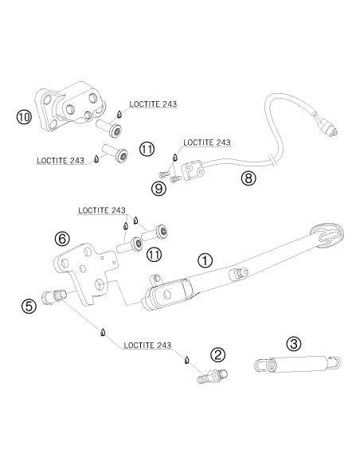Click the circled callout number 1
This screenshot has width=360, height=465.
click(x=205, y=261)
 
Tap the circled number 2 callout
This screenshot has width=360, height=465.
click(x=218, y=355)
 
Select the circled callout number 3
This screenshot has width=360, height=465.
click(x=294, y=344)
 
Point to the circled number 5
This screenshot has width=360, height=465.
click(x=29, y=306)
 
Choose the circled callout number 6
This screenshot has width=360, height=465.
click(x=63, y=239)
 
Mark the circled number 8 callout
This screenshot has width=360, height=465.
click(x=248, y=178)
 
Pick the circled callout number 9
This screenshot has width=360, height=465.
click(x=158, y=189)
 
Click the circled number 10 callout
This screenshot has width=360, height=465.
click(x=24, y=117)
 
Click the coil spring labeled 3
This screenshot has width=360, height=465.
click(x=297, y=363)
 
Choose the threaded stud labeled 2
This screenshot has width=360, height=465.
click(x=213, y=376)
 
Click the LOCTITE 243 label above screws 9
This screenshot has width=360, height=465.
click(x=207, y=143)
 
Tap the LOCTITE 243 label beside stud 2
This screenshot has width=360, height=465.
click(x=147, y=346)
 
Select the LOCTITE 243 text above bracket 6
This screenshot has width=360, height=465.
click(x=102, y=210)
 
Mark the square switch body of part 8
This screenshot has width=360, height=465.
click(x=193, y=170)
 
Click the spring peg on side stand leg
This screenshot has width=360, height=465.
click(x=239, y=273)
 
